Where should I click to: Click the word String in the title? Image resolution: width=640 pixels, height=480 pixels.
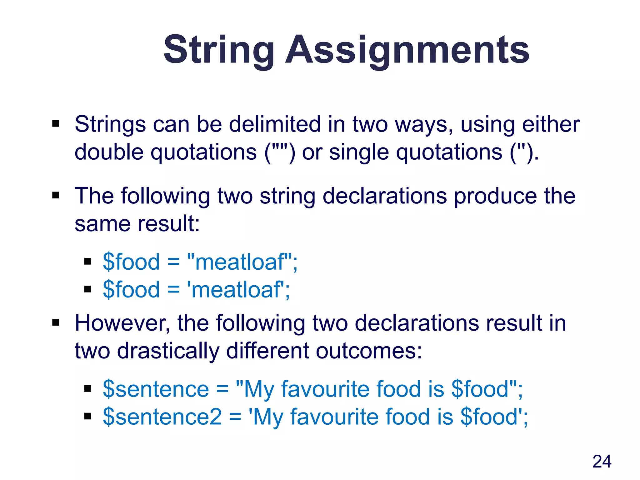(218, 50)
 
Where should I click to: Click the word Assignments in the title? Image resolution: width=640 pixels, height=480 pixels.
(407, 50)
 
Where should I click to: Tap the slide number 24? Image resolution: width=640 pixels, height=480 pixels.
(602, 462)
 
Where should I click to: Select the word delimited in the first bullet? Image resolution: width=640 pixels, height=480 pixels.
(275, 124)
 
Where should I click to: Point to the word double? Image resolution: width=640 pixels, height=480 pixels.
(109, 152)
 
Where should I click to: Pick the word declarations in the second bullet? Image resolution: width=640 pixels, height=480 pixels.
(385, 196)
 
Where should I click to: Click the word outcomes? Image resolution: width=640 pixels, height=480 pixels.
(369, 351)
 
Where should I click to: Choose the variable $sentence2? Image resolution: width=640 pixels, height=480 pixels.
(162, 417)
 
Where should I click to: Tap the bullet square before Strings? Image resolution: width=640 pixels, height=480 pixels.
(56, 124)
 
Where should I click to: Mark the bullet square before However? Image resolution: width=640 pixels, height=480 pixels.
(56, 322)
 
